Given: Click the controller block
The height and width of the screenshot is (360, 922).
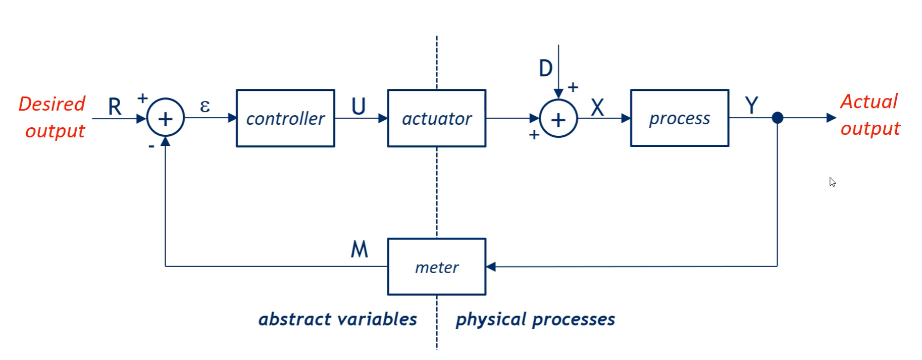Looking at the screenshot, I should pyautogui.click(x=285, y=118).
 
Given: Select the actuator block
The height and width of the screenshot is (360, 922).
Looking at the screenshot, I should pyautogui.click(x=437, y=118).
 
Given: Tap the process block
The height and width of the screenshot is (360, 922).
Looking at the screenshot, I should pyautogui.click(x=680, y=118).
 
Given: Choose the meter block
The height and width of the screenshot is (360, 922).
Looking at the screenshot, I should pyautogui.click(x=437, y=267).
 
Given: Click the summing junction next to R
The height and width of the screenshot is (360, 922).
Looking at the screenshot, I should pyautogui.click(x=166, y=118).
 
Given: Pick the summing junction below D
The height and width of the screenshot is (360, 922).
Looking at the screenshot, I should pyautogui.click(x=558, y=119).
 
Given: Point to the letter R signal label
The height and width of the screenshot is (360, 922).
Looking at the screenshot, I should pyautogui.click(x=115, y=107).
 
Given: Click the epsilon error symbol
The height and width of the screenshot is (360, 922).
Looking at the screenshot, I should pyautogui.click(x=204, y=106).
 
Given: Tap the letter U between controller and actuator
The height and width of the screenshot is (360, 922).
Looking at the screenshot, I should pyautogui.click(x=358, y=107).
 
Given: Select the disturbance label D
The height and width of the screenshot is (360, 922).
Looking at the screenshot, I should pyautogui.click(x=545, y=68).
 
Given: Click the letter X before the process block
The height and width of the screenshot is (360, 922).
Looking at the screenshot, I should pyautogui.click(x=597, y=107).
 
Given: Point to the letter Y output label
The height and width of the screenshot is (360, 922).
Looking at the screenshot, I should pyautogui.click(x=751, y=106).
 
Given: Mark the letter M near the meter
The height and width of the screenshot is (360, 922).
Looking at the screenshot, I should pyautogui.click(x=360, y=249).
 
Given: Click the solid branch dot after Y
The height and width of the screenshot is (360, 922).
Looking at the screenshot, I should pyautogui.click(x=778, y=118).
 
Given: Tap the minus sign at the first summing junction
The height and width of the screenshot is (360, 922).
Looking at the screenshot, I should pyautogui.click(x=151, y=146).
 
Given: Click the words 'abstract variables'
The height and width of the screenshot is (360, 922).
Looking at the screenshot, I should pyautogui.click(x=338, y=319).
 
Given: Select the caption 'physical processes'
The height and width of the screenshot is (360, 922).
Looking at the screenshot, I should pyautogui.click(x=535, y=319).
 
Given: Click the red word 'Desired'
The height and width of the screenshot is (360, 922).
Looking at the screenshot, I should pyautogui.click(x=52, y=104).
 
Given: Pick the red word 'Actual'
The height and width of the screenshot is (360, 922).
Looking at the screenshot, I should pyautogui.click(x=869, y=101).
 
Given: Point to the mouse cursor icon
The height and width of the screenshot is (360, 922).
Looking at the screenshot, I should pyautogui.click(x=832, y=182).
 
